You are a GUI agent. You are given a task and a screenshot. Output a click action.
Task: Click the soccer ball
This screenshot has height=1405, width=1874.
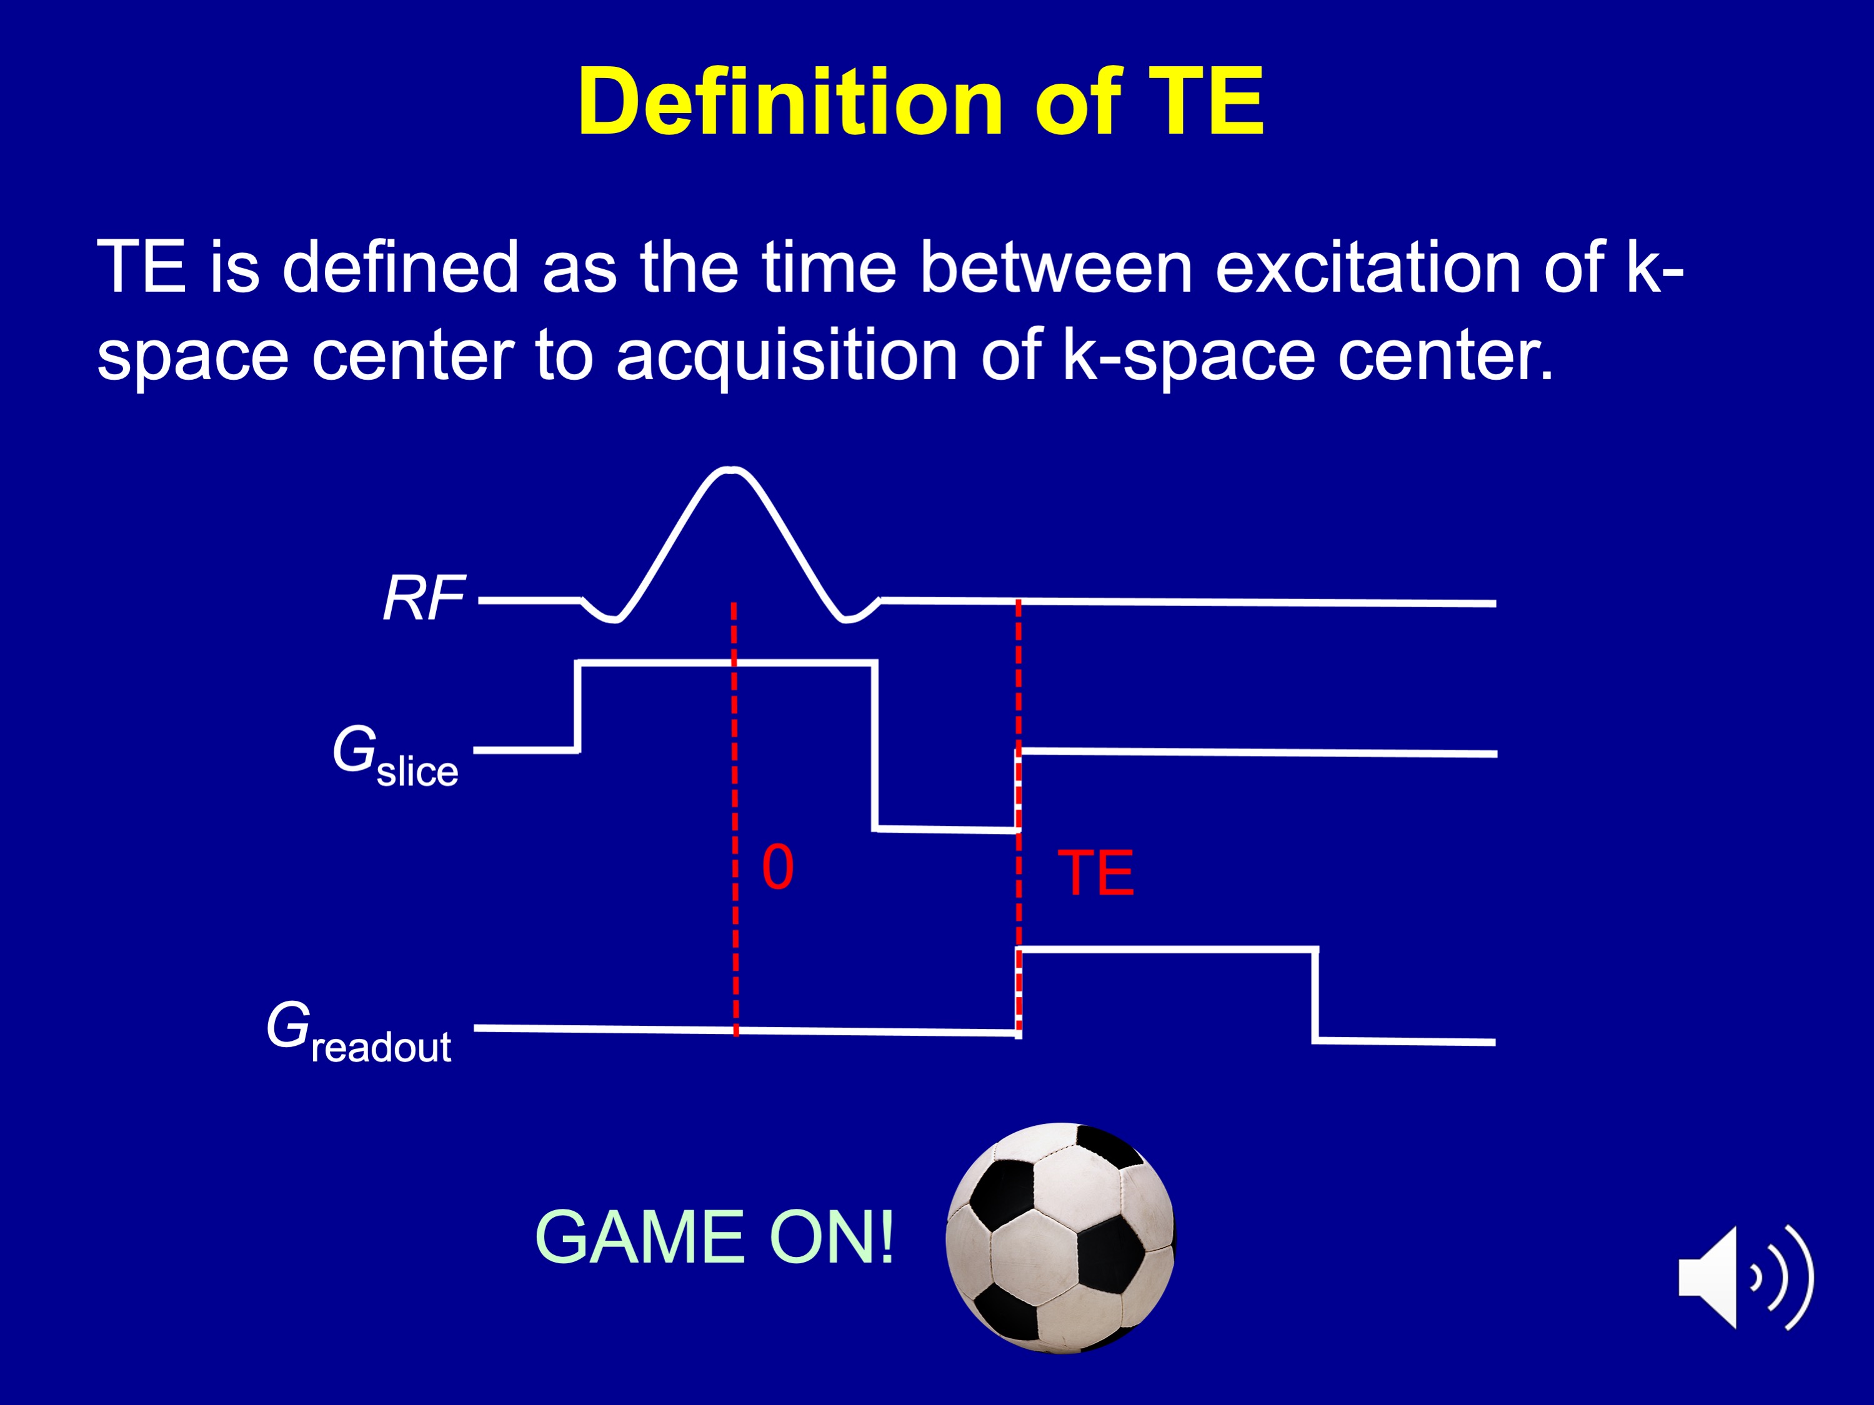click(1060, 1238)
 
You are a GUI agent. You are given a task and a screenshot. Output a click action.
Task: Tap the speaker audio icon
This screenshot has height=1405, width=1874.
click(1746, 1277)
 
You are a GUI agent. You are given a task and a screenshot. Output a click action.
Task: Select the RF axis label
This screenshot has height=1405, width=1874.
click(424, 598)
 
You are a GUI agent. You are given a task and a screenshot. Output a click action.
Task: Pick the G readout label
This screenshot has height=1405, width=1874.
click(358, 1031)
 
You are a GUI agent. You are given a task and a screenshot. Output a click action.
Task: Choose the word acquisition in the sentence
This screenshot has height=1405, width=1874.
click(787, 355)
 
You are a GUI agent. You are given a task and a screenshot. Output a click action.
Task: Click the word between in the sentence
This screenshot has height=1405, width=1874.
click(1057, 267)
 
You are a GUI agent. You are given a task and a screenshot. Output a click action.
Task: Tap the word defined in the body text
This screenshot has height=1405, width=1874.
click(400, 267)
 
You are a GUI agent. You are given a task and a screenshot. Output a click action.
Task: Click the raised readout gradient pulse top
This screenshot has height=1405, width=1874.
click(1167, 950)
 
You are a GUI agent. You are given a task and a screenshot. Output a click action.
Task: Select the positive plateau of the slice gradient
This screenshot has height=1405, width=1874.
click(726, 663)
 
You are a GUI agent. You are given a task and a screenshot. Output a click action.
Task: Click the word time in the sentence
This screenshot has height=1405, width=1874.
click(829, 267)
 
